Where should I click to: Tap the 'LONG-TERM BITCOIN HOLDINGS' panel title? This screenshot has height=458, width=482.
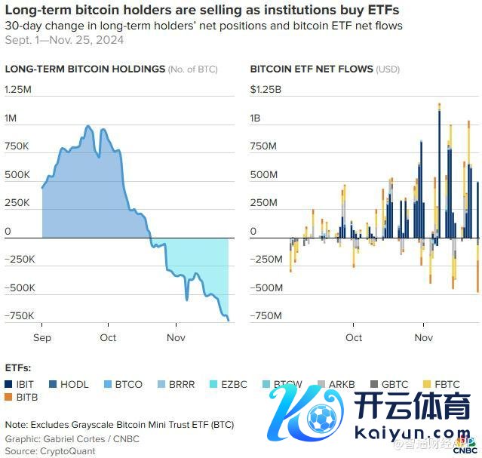pyautogui.click(x=84, y=69)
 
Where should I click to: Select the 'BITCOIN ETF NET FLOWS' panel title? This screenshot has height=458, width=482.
pyautogui.click(x=312, y=69)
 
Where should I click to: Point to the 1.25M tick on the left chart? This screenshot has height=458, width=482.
pyautogui.click(x=18, y=90)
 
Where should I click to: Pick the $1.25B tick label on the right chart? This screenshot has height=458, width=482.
pyautogui.click(x=266, y=90)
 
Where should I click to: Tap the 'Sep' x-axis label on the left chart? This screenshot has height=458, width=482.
pyautogui.click(x=42, y=337)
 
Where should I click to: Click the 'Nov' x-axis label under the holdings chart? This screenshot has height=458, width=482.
pyautogui.click(x=176, y=337)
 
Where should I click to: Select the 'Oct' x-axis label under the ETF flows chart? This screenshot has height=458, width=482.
pyautogui.click(x=354, y=337)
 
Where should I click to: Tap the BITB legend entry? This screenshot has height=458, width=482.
pyautogui.click(x=26, y=396)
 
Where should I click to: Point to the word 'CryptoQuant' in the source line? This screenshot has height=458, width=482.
pyautogui.click(x=69, y=450)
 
